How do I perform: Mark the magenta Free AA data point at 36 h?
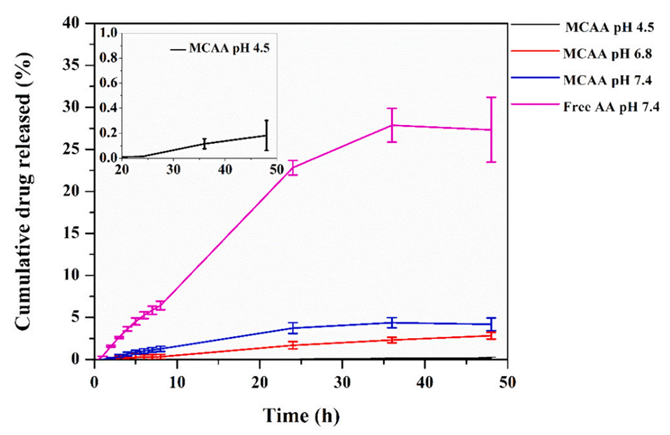393,125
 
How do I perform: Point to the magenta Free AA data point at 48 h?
491,130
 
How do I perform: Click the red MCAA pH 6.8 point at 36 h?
393,340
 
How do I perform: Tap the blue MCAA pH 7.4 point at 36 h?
393,322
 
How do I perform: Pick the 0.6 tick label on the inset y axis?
109,83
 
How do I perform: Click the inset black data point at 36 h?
204,143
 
